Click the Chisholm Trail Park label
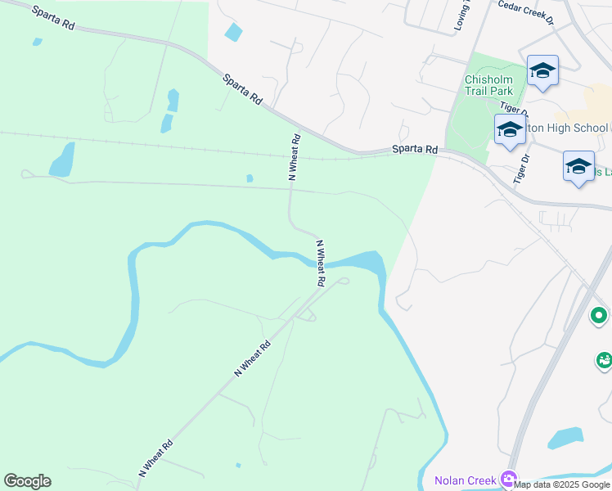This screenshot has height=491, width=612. tap(488, 84)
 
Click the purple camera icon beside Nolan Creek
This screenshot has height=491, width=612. tap(510, 479)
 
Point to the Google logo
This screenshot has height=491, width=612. tap(27, 481)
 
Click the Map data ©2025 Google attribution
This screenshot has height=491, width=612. tap(562, 484)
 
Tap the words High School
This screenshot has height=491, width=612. tap(578, 128)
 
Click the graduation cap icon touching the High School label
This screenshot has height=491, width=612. tap(510, 130)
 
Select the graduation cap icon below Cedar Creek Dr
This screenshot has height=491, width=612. tap(542, 71)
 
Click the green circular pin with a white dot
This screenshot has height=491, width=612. tap(599, 315)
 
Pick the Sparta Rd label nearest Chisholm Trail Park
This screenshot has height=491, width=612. tap(414, 150)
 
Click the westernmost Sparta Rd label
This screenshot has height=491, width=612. tap(53, 19)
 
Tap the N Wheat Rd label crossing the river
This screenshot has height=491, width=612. tap(322, 263)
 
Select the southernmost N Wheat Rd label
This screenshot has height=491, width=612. tap(155, 458)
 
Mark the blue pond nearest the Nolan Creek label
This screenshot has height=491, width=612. tap(565, 438)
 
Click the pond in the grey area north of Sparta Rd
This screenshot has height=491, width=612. tap(233, 33)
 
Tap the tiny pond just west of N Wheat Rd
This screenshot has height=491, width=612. tap(250, 178)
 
